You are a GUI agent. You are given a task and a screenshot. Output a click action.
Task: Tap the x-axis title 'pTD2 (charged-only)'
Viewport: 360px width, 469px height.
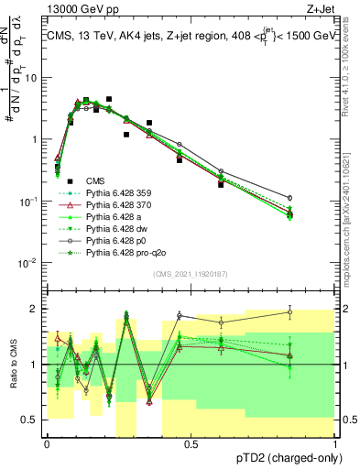(285, 458)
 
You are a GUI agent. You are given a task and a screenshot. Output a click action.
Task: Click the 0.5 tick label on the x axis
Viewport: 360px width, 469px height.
(191, 442)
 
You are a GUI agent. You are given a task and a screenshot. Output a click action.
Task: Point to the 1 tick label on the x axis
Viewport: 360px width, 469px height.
(335, 442)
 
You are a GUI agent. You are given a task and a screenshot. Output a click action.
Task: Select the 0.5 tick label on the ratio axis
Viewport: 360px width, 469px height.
(31, 420)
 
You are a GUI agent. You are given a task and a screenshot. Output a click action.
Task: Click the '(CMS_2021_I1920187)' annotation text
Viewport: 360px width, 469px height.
(190, 274)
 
